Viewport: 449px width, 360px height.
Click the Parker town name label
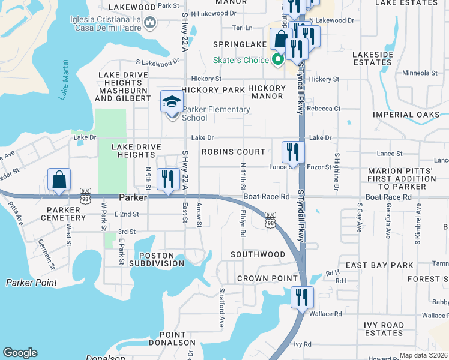click(133, 197)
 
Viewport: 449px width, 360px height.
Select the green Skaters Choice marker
click(277, 60)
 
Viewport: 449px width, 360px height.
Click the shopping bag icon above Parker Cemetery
click(59, 179)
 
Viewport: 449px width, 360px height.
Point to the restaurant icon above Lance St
click(293, 152)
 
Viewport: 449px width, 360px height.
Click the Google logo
click(20, 353)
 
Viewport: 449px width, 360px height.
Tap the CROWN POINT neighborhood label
click(267, 278)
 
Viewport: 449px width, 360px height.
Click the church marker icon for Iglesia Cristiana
click(150, 23)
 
